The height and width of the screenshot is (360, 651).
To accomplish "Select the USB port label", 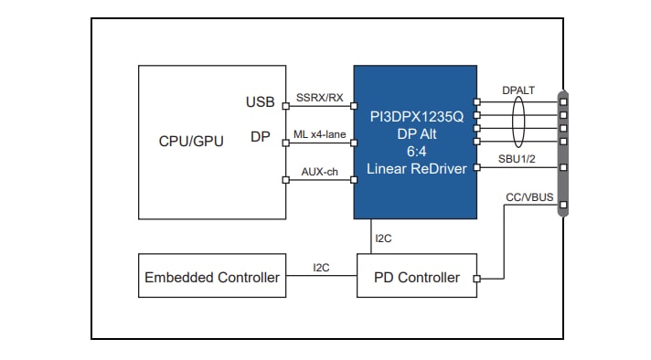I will [260, 101].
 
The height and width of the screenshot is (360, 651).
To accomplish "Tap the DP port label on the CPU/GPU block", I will [261, 137].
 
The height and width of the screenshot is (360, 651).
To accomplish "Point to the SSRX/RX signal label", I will [320, 98].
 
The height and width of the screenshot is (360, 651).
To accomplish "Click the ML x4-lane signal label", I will [320, 134].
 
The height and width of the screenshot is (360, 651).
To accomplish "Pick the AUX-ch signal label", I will [320, 171].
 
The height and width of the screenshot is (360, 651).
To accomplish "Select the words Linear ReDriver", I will [416, 169].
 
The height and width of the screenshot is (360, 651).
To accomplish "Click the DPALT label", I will [518, 90].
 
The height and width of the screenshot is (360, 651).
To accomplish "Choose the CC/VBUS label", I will [528, 197].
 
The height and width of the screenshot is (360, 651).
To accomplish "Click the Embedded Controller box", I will [212, 276].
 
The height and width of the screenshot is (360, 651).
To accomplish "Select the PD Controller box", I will [417, 276].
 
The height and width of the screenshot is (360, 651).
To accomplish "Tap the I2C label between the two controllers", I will [322, 268].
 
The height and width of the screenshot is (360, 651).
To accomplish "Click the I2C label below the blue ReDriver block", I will [383, 239].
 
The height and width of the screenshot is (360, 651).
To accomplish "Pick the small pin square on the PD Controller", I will [477, 277].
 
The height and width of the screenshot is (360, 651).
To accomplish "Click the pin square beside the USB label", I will [286, 106].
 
